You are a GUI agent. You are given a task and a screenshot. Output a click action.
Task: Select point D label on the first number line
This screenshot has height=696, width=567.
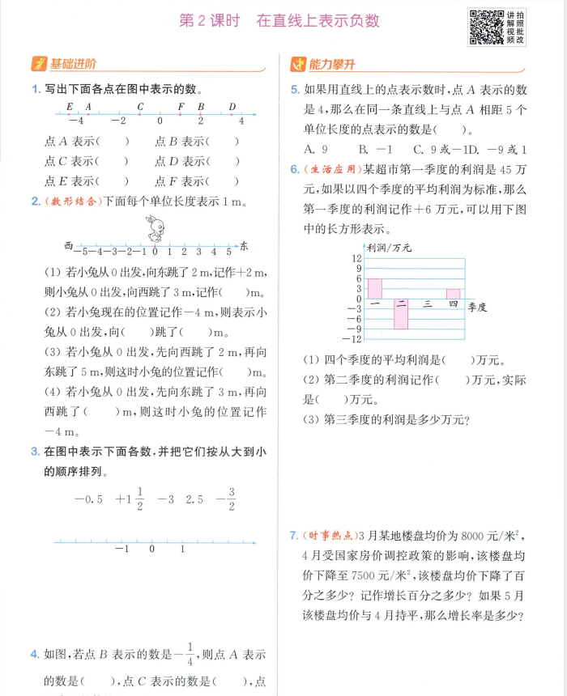point(232,107)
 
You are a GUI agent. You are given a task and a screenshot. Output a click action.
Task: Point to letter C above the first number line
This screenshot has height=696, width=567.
point(140,107)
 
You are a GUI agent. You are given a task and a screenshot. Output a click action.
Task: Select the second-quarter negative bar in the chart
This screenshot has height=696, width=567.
point(401,314)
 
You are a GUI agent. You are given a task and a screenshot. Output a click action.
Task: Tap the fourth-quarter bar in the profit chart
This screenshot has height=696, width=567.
point(453,294)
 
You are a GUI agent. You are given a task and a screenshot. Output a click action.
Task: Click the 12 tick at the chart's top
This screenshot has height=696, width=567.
point(356,258)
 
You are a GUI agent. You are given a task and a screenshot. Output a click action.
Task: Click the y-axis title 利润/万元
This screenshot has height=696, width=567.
point(389,248)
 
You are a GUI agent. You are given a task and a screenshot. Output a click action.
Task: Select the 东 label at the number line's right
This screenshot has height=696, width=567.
point(245,245)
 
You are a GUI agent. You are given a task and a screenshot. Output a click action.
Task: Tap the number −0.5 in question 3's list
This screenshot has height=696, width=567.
point(88,499)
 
